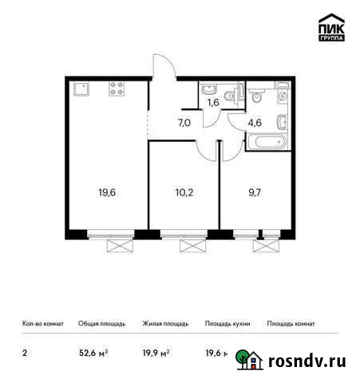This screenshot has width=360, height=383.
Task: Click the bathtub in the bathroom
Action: coord(266,144)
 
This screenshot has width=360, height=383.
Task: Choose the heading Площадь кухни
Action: coord(227,324)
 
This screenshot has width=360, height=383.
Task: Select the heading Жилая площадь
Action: coord(165,324)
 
